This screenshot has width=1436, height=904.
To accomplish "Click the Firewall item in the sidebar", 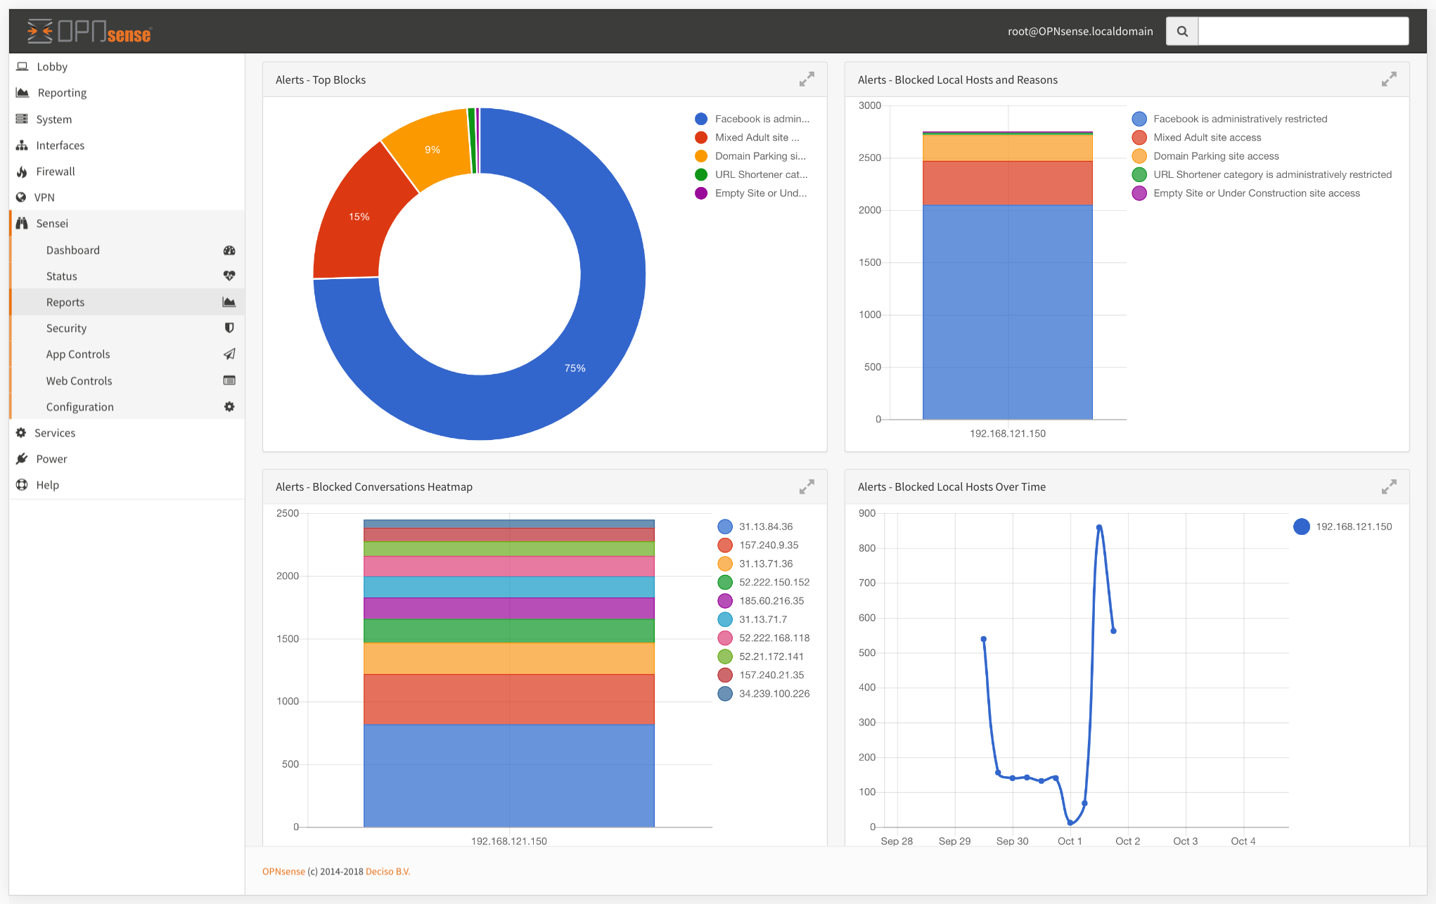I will tap(55, 172).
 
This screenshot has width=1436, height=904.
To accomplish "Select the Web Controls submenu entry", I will tap(79, 381).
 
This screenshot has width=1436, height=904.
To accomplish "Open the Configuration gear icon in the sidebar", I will tap(229, 407).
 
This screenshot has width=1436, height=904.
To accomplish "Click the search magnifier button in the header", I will tap(1182, 32).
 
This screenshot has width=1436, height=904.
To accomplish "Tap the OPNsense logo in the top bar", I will tap(89, 32).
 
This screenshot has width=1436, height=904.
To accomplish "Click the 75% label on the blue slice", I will tap(575, 368).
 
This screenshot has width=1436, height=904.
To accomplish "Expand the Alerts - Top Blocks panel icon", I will tap(807, 79).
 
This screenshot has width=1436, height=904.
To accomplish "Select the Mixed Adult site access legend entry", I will tap(1207, 138).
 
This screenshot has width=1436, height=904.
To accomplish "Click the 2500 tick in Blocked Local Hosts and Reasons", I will tap(869, 158).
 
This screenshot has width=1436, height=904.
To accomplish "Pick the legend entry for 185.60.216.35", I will tap(771, 601).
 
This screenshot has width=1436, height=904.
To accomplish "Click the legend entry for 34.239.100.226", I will tap(774, 694).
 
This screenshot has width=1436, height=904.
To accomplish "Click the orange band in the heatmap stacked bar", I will tap(508, 659).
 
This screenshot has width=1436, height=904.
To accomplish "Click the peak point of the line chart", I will tap(1098, 527).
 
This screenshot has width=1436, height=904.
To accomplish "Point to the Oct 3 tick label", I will tap(1185, 841).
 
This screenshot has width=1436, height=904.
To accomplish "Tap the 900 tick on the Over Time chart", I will tap(867, 514).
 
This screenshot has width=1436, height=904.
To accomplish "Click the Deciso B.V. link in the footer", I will tap(387, 872).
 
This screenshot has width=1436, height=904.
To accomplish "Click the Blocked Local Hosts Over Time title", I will tap(951, 487).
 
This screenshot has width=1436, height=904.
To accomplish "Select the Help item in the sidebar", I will tap(47, 485).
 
